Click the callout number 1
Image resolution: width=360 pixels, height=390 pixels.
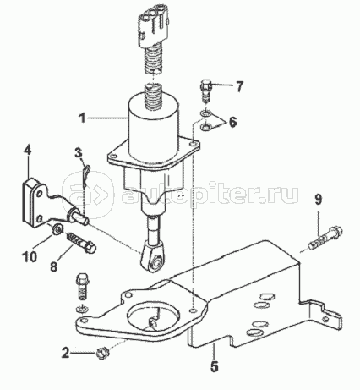pos(82,118)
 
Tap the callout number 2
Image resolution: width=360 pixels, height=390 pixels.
pos(66,353)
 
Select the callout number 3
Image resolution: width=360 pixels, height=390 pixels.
pos(79,153)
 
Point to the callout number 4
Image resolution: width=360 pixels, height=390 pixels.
pos(27,153)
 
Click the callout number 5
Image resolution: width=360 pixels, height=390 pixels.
pos(214,366)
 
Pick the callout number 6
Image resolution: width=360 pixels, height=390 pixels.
pos(232,122)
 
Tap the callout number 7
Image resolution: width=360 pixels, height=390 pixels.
pos(239,87)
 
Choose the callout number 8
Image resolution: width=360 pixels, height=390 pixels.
pos(53,266)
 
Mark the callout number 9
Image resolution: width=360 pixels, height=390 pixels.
pos(318,200)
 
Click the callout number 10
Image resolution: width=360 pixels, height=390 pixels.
pos(30,256)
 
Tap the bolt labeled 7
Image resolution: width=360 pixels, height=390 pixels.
pos(205,91)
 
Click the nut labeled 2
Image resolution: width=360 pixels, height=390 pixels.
pos(101,354)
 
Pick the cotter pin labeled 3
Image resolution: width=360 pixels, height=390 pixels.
pos(88,175)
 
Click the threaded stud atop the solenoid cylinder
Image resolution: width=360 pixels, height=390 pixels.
pos(152,97)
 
